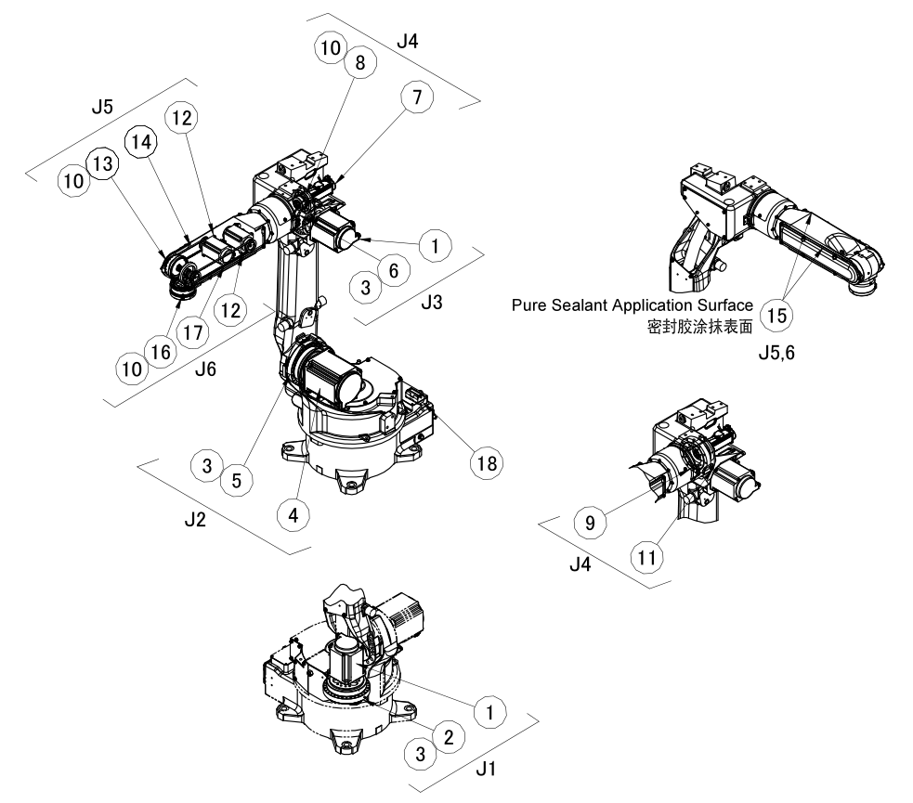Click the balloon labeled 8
pos(358,64)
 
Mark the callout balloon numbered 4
pos(293,511)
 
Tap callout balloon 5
pos(239,480)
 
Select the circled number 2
pos(448,737)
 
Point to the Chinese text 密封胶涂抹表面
pos(701,327)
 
